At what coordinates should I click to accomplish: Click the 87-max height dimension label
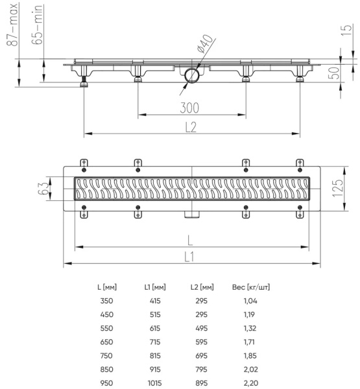tap(11, 24)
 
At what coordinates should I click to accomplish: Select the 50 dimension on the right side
tap(334, 72)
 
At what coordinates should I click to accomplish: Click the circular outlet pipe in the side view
tap(191, 76)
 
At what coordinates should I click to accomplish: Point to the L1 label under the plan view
tap(189, 256)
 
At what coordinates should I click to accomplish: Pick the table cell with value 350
tap(106, 301)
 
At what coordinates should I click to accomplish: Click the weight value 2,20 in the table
tap(249, 383)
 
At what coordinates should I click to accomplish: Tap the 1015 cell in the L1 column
tap(155, 383)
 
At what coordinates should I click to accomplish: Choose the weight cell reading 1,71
tap(249, 342)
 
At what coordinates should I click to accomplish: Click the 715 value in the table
tap(155, 342)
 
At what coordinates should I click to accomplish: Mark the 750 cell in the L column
tap(106, 355)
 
